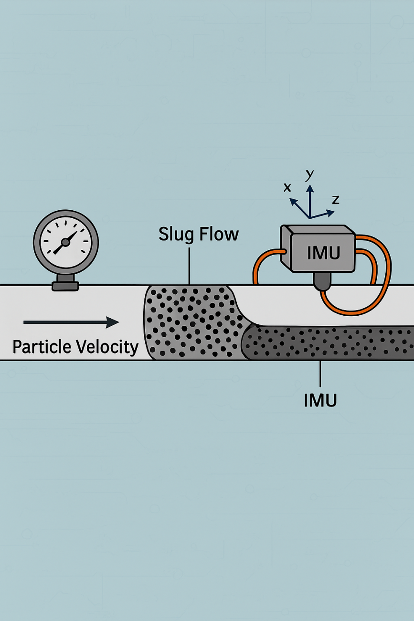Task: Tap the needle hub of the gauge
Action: tap(66, 243)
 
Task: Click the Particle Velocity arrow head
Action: tap(113, 322)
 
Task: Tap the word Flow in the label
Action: tap(218, 235)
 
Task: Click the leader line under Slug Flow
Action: tap(190, 265)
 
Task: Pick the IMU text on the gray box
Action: tap(323, 252)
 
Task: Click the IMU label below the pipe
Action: tap(320, 400)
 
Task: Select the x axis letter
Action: tap(287, 187)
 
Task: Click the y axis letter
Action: tap(310, 175)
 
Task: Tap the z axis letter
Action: tap(336, 200)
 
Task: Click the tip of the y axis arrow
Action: tap(310, 185)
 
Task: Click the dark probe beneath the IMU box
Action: tap(321, 282)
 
